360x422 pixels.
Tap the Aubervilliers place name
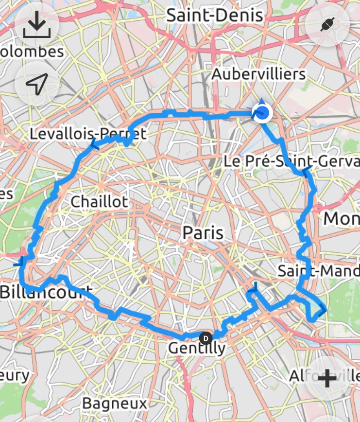coord(259,74)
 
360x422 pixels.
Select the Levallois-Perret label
coord(88,133)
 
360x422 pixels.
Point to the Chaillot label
coord(100,201)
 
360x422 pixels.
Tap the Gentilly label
coord(197,348)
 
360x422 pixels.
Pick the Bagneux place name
coord(115,403)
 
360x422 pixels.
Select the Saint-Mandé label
coord(318,270)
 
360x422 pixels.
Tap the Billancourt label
coord(47,292)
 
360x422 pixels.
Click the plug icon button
coord(327,25)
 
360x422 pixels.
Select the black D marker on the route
coord(206,337)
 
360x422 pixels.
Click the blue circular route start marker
coord(263,114)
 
